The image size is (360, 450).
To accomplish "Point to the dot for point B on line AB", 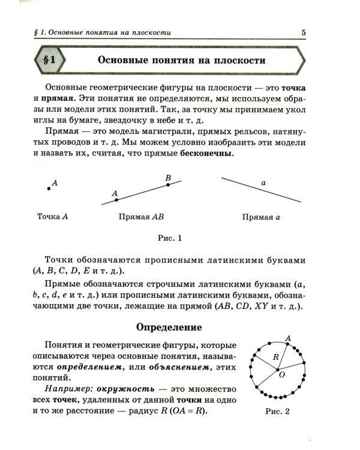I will [x=168, y=185].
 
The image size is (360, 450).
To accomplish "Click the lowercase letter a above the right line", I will [x=263, y=182].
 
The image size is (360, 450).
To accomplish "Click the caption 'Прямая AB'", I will [x=142, y=217].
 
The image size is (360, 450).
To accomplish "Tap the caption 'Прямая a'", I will [x=261, y=217].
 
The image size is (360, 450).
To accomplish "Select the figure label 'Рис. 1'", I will [x=169, y=238].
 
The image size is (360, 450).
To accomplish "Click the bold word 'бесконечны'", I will [x=206, y=154].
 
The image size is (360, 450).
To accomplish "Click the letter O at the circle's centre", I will [x=281, y=374].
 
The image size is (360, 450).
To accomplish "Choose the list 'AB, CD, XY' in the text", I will [x=241, y=307].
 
